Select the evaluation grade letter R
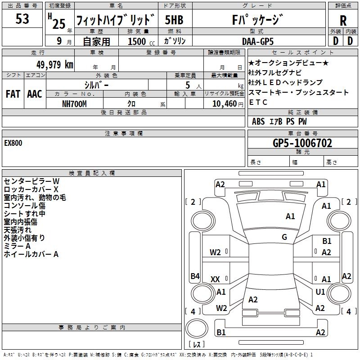tap(343, 21)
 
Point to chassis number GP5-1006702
tap(302, 143)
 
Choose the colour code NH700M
tap(74, 103)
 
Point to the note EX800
tap(13, 143)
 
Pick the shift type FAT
tap(13, 94)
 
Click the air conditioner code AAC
tap(35, 94)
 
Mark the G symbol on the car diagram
tap(284, 237)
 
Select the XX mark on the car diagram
tap(215, 279)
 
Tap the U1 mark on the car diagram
tap(320, 292)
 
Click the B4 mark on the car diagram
tap(195, 276)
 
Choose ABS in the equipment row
tap(258, 121)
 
